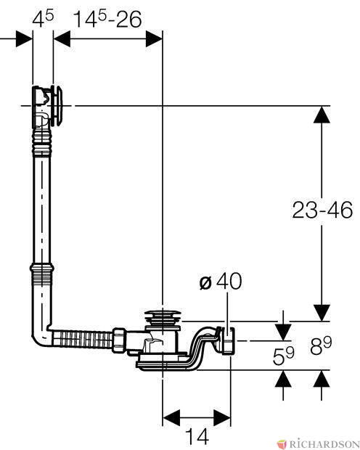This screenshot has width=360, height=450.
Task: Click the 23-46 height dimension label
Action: pyautogui.click(x=322, y=210)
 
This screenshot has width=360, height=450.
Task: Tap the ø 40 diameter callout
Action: pyautogui.click(x=221, y=282)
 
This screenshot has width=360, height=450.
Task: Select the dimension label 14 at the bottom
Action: pyautogui.click(x=197, y=436)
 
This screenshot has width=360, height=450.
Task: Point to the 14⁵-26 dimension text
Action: pyautogui.click(x=107, y=19)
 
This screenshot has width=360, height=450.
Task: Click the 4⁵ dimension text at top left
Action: pyautogui.click(x=43, y=19)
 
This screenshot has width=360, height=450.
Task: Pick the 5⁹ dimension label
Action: pyautogui.click(x=283, y=356)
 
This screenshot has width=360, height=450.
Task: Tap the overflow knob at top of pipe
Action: pyautogui.click(x=57, y=106)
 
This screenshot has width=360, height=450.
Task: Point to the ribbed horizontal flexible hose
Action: pyautogui.click(x=82, y=340)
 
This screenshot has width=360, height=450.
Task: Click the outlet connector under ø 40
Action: pyautogui.click(x=228, y=341)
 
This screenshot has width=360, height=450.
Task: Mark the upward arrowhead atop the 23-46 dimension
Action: pyautogui.click(x=322, y=115)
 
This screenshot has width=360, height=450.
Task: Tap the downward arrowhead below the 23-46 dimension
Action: pyautogui.click(x=322, y=313)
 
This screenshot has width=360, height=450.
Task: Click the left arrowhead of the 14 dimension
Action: pyautogui.click(x=171, y=417)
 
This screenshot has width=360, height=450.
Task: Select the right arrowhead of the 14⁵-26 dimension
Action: pyautogui.click(x=154, y=38)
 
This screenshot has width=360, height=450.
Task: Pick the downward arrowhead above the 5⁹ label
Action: pyautogui.click(x=283, y=332)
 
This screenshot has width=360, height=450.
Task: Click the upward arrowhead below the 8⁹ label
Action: pyautogui.click(x=322, y=379)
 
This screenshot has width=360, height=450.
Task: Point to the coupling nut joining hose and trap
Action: pyautogui.click(x=119, y=340)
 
